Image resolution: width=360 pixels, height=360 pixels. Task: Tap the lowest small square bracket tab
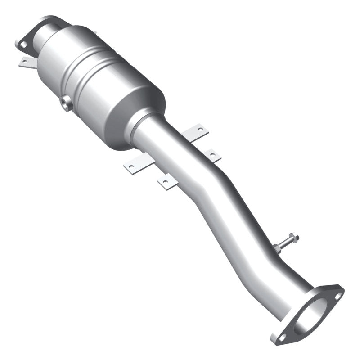point(165,182)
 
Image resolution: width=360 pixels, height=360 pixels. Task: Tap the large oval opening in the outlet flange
point(310,315)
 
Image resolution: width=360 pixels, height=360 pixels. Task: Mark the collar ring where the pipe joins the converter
point(143,127)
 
